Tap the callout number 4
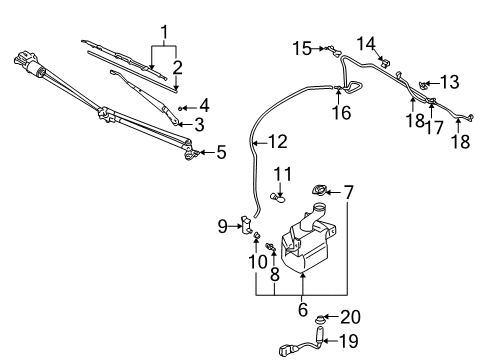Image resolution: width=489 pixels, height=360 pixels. [203, 104]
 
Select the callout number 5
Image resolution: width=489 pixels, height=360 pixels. [222, 152]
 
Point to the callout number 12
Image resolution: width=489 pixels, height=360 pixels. [277, 142]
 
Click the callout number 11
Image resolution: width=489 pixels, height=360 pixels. [283, 174]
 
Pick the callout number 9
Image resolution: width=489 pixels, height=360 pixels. [224, 226]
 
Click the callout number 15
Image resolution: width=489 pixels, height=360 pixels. [302, 47]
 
